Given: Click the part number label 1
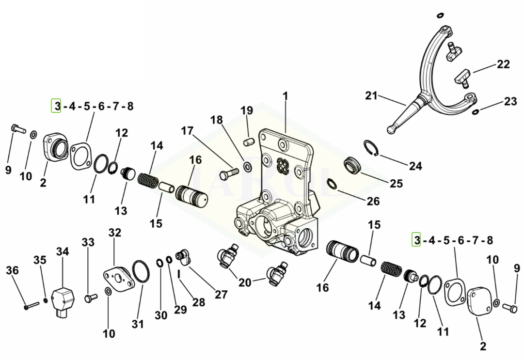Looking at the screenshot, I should (285, 96).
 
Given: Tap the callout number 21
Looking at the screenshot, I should (371, 96).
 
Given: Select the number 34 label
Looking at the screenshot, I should (63, 251).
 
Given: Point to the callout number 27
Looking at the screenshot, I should (221, 295).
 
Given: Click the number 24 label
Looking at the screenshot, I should (415, 166).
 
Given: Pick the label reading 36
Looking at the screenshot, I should (12, 270).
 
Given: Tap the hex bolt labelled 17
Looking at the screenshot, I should (229, 172).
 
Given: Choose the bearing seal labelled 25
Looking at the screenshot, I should (353, 166).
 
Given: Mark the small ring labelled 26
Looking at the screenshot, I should (332, 184).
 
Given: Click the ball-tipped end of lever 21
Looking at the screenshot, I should (392, 130).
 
